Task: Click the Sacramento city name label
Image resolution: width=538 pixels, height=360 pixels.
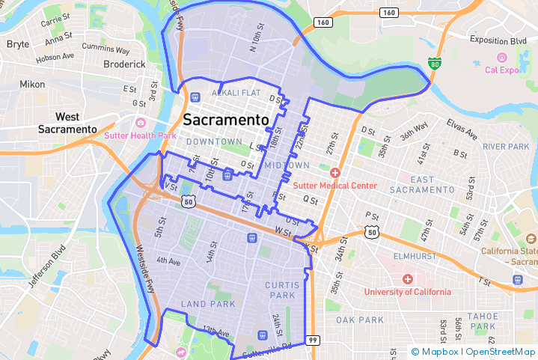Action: click(226, 120)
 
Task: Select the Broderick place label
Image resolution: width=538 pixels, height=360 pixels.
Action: click(124, 64)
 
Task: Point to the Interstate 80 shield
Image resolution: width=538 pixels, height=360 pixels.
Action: click(435, 64)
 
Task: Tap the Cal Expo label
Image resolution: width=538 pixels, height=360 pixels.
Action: click(502, 70)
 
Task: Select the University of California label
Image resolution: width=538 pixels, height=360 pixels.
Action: click(407, 292)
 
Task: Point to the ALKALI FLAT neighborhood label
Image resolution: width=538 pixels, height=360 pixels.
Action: click(236, 93)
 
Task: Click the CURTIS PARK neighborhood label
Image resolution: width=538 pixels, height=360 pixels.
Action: click(281, 290)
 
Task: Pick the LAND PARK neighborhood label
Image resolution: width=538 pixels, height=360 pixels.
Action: click(208, 304)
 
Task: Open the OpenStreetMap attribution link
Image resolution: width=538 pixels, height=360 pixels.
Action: click(501, 352)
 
